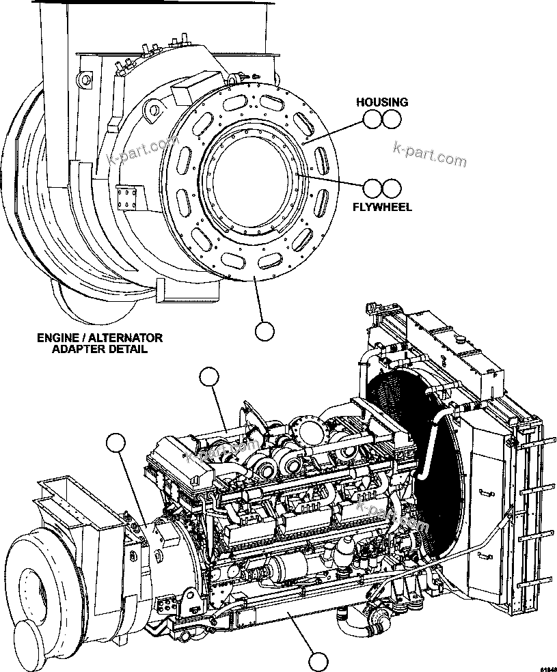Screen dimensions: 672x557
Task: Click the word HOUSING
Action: point(382,102)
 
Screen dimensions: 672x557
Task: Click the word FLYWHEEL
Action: point(383,206)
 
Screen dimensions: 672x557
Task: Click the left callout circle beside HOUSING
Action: point(372,120)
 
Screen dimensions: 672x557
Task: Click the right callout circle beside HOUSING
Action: point(391,120)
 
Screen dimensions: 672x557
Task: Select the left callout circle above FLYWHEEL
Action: point(372,188)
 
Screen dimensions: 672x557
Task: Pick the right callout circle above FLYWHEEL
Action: point(391,188)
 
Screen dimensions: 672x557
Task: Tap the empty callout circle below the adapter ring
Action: point(264,331)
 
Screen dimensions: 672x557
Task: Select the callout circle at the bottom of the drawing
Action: point(318,661)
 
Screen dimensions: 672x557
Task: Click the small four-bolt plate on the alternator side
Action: point(127,199)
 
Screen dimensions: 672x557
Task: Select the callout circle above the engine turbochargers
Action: point(209,376)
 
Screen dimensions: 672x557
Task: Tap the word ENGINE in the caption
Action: point(58,337)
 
